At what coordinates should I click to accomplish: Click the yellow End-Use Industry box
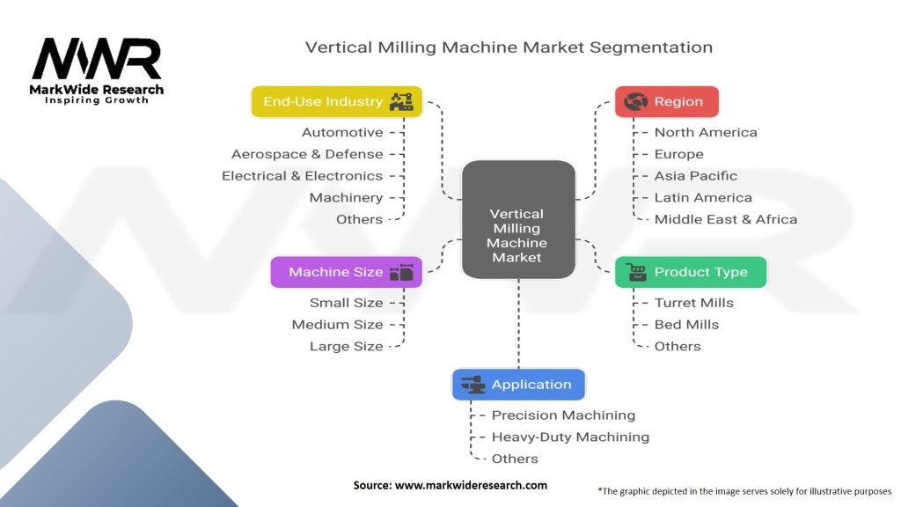click(337, 101)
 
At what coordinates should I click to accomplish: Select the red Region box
click(666, 101)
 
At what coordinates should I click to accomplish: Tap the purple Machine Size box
click(346, 272)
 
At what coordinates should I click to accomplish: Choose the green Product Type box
click(690, 272)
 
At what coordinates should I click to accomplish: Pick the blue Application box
click(518, 385)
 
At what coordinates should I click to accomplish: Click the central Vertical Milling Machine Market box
click(518, 220)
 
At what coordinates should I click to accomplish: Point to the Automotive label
click(342, 132)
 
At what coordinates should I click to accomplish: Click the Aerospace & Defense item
click(307, 154)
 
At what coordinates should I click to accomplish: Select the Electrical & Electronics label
click(302, 176)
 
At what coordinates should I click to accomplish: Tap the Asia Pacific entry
click(695, 176)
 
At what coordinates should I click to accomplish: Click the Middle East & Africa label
click(725, 219)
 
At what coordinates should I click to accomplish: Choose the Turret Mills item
click(693, 303)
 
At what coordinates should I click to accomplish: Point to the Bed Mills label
click(686, 325)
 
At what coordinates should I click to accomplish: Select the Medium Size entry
click(337, 325)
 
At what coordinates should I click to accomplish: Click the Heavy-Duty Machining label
click(570, 437)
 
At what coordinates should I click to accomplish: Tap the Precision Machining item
click(563, 415)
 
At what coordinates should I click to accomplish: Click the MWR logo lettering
click(97, 60)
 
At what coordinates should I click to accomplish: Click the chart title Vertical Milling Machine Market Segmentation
click(509, 47)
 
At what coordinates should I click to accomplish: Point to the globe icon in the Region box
click(634, 102)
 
